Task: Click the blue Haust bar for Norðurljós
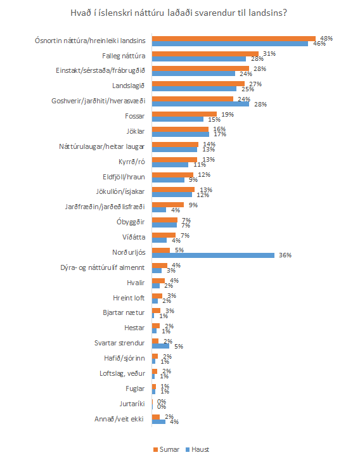coord(214,255)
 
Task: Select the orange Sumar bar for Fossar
coord(184,114)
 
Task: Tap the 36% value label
coord(285,255)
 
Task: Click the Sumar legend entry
coord(166,449)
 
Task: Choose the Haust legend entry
coord(197,449)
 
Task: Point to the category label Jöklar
coord(136,131)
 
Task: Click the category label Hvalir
coord(136,283)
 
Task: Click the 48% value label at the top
coord(326,38)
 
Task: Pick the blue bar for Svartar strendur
coord(160,346)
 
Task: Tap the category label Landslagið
coord(129,86)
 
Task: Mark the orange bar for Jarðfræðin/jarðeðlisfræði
coord(168,205)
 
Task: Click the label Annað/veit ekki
coord(119,419)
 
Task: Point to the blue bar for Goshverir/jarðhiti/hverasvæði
coord(201,104)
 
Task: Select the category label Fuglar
coord(135,388)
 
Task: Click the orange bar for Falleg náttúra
coord(205,54)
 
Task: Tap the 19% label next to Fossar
coord(228,114)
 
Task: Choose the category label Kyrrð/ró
coord(132,162)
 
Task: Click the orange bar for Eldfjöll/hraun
coord(172,175)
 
